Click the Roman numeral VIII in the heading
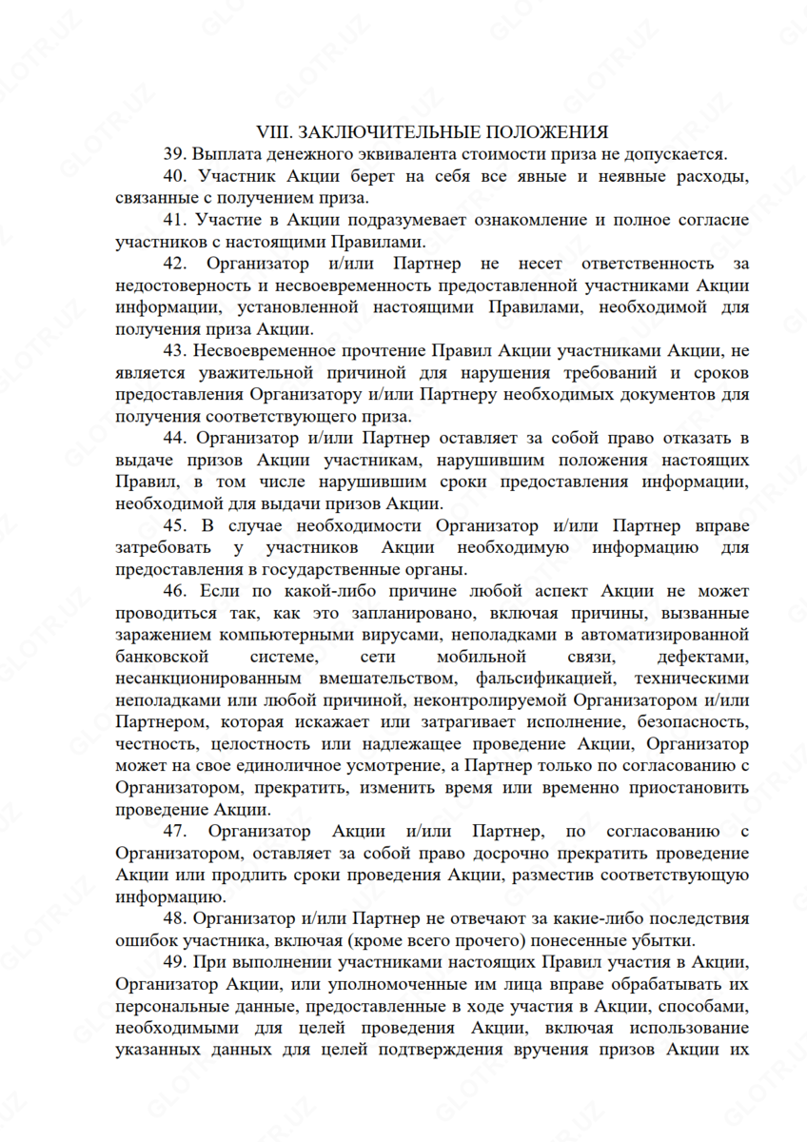[274, 131]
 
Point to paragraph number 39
[177, 153]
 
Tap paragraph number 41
[177, 220]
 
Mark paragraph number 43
[177, 352]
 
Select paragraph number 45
[177, 525]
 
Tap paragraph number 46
[177, 592]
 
